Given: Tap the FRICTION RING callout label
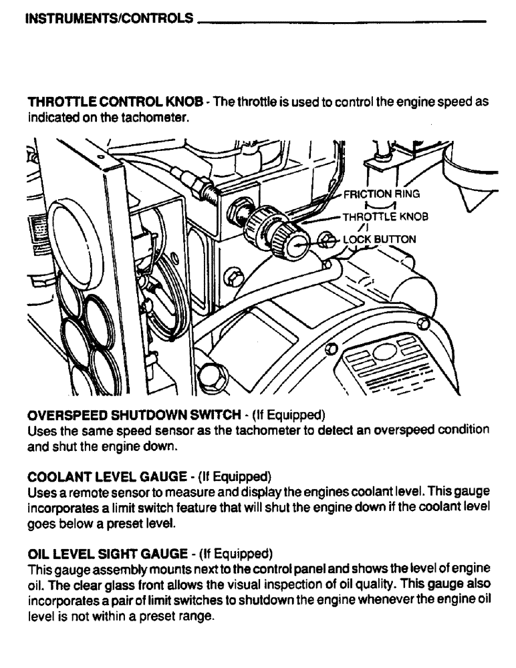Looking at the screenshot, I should tap(380, 194).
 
